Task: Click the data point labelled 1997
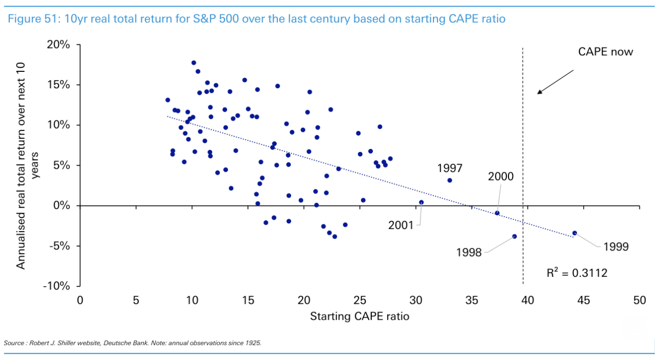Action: point(449,180)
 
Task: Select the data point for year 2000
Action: point(497,213)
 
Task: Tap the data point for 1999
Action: point(575,233)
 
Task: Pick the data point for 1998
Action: point(514,236)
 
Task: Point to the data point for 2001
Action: point(421,202)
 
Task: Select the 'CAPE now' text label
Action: point(605,52)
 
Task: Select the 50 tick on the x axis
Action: point(639,301)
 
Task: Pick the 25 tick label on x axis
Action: point(360,301)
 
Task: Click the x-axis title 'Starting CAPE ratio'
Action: point(360,316)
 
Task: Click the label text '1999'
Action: point(616,247)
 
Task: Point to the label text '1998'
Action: point(469,252)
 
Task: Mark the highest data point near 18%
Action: point(194,63)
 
